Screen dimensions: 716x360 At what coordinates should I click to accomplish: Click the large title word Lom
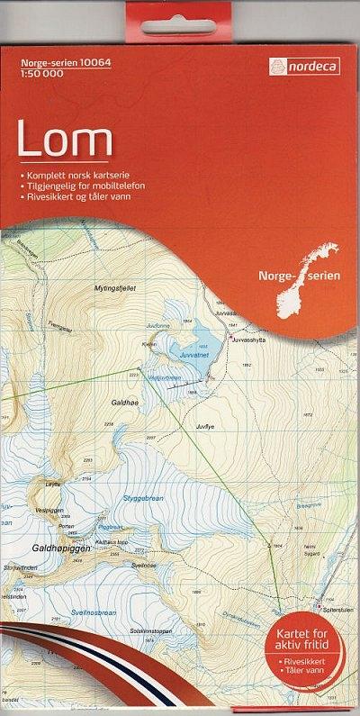click(65, 140)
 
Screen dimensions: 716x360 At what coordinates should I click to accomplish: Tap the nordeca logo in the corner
click(303, 66)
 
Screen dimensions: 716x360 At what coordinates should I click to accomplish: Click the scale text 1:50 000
click(35, 74)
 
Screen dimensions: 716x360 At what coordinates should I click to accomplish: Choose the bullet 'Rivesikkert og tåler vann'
click(81, 195)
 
